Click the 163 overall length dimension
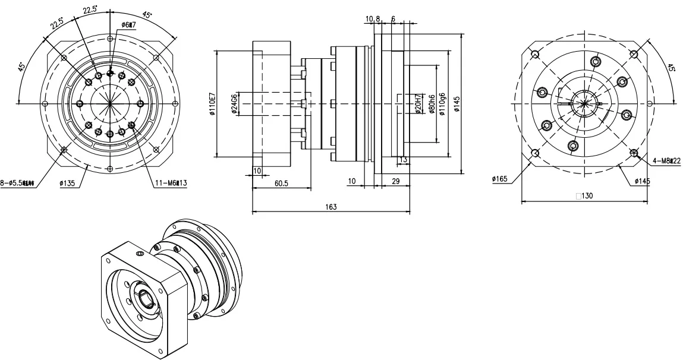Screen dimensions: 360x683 tap(331, 207)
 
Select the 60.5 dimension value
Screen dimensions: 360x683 tap(281, 184)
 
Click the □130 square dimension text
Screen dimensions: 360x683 tap(586, 195)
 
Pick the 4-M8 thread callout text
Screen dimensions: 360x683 tap(662, 160)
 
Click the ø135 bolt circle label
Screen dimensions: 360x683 tap(67, 184)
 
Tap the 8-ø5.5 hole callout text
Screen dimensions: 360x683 tap(18, 184)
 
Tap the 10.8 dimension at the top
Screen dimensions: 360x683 tap(373, 19)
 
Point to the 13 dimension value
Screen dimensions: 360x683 tap(403, 159)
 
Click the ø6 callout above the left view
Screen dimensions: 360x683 tap(128, 25)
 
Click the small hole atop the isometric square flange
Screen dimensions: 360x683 tap(140, 254)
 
